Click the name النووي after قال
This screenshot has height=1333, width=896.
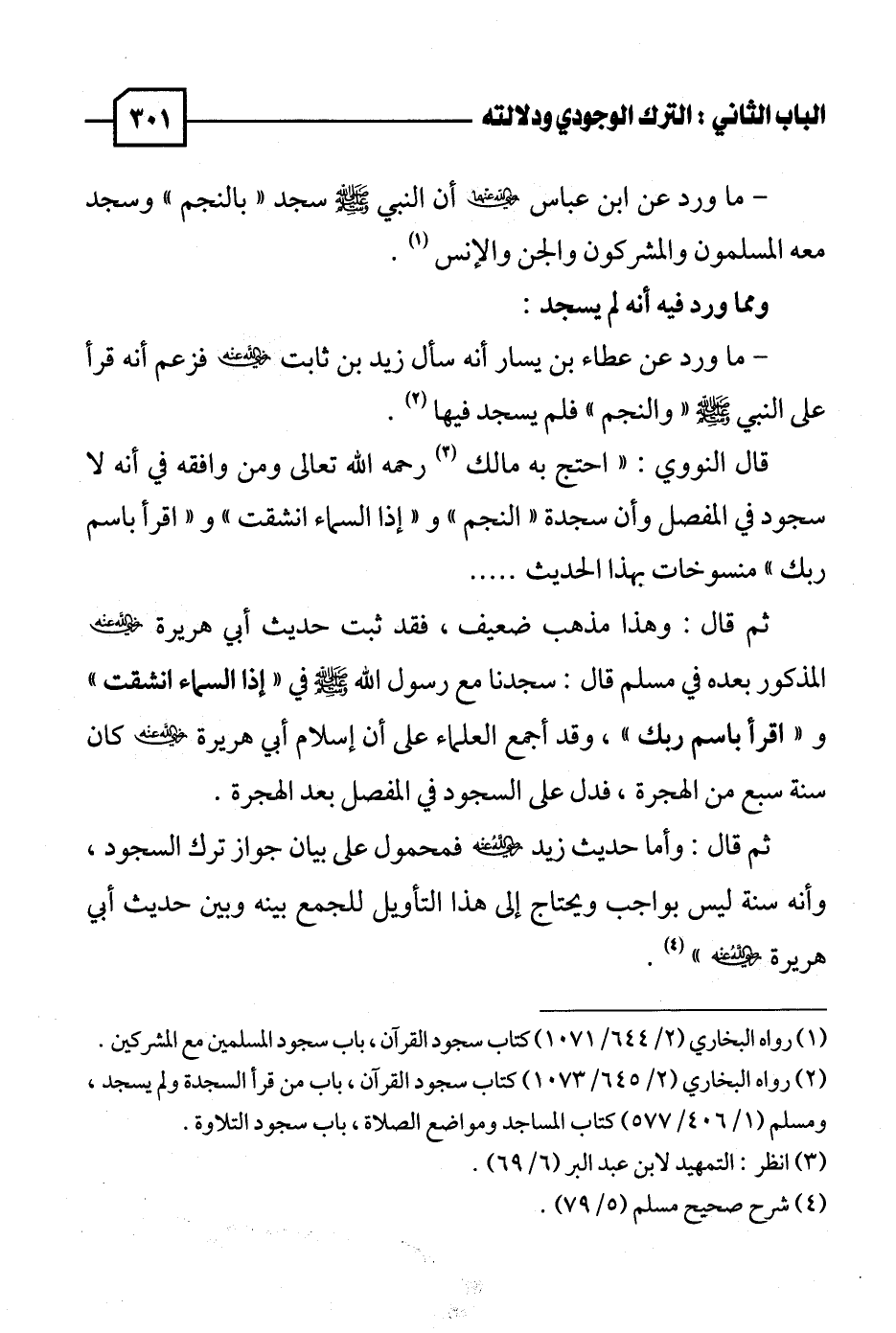pyautogui.click(x=676, y=468)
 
